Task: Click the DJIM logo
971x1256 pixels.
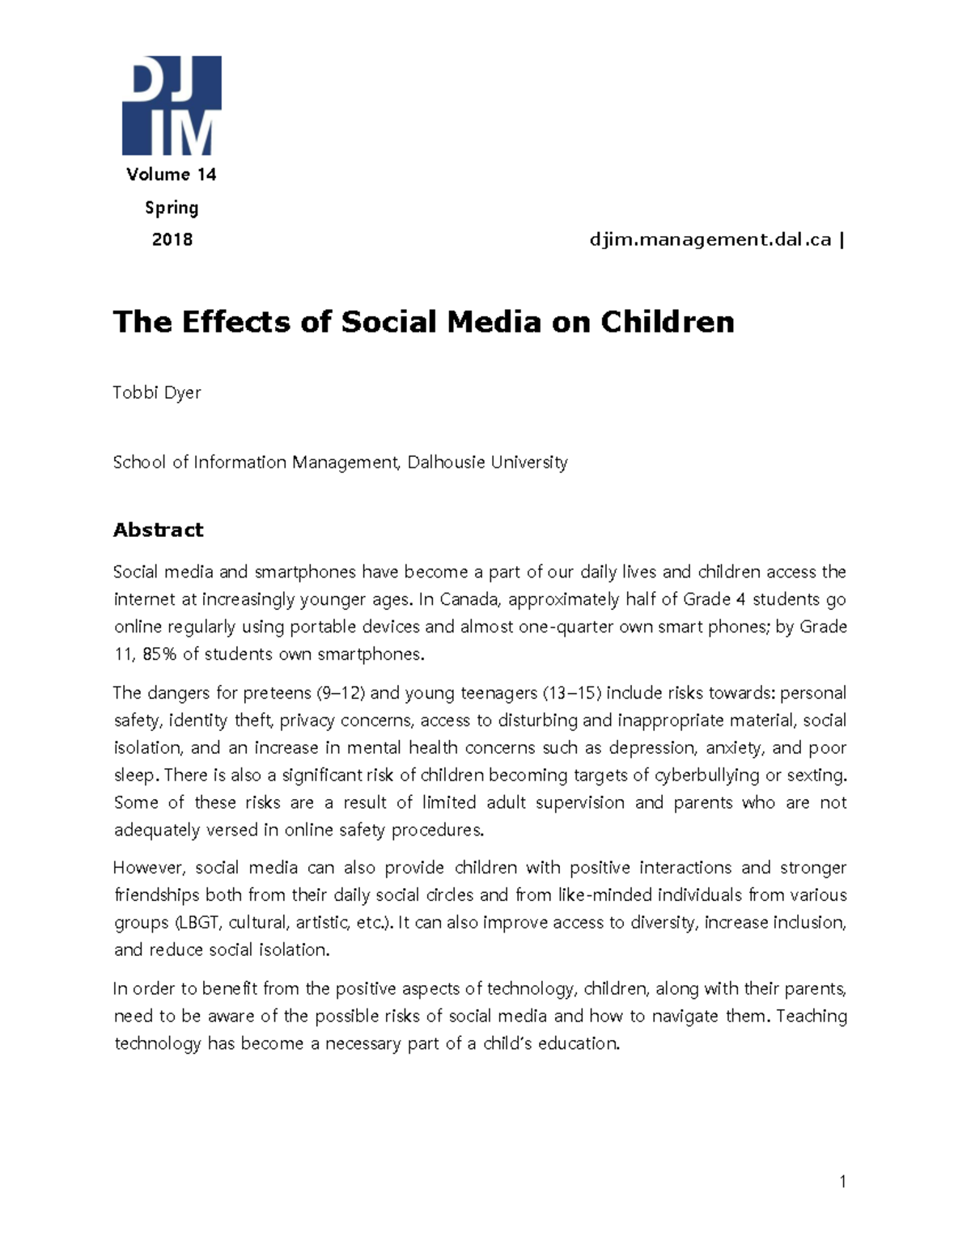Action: click(x=171, y=105)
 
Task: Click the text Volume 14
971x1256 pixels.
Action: click(x=171, y=175)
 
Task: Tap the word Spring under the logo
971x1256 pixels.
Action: click(x=172, y=208)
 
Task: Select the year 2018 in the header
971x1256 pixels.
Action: click(x=172, y=239)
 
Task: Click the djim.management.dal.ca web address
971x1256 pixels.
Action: click(x=710, y=239)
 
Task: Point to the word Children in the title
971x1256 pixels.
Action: click(x=667, y=322)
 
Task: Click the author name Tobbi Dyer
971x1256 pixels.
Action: click(x=157, y=393)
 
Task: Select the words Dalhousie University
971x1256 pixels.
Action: click(x=487, y=463)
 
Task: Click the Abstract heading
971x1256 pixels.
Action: click(x=158, y=530)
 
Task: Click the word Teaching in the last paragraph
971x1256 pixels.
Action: click(x=812, y=1017)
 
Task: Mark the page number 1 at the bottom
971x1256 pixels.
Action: click(x=842, y=1182)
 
